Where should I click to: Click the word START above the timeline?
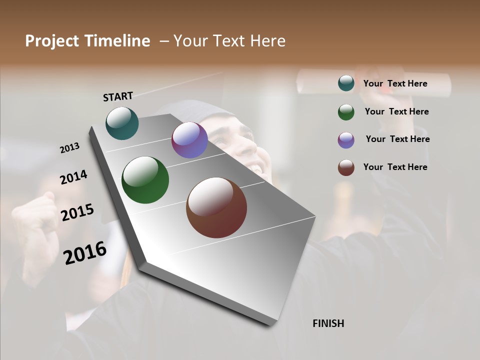[x=118, y=96]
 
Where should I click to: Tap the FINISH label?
[x=328, y=323]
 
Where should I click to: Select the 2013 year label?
[x=69, y=148]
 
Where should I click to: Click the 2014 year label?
[x=73, y=177]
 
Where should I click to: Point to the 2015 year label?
[x=77, y=212]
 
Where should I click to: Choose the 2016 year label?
[x=85, y=252]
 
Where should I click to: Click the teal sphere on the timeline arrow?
[x=122, y=123]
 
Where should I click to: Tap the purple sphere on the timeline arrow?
[x=189, y=140]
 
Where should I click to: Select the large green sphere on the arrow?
[x=145, y=180]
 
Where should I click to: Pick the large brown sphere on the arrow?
[x=216, y=207]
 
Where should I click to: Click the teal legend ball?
[x=346, y=83]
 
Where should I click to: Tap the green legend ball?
[x=346, y=112]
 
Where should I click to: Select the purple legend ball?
[x=346, y=140]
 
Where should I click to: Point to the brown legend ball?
[x=346, y=167]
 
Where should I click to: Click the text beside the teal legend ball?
[x=395, y=84]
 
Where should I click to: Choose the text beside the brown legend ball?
[x=395, y=167]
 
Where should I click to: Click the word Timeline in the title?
[x=117, y=41]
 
